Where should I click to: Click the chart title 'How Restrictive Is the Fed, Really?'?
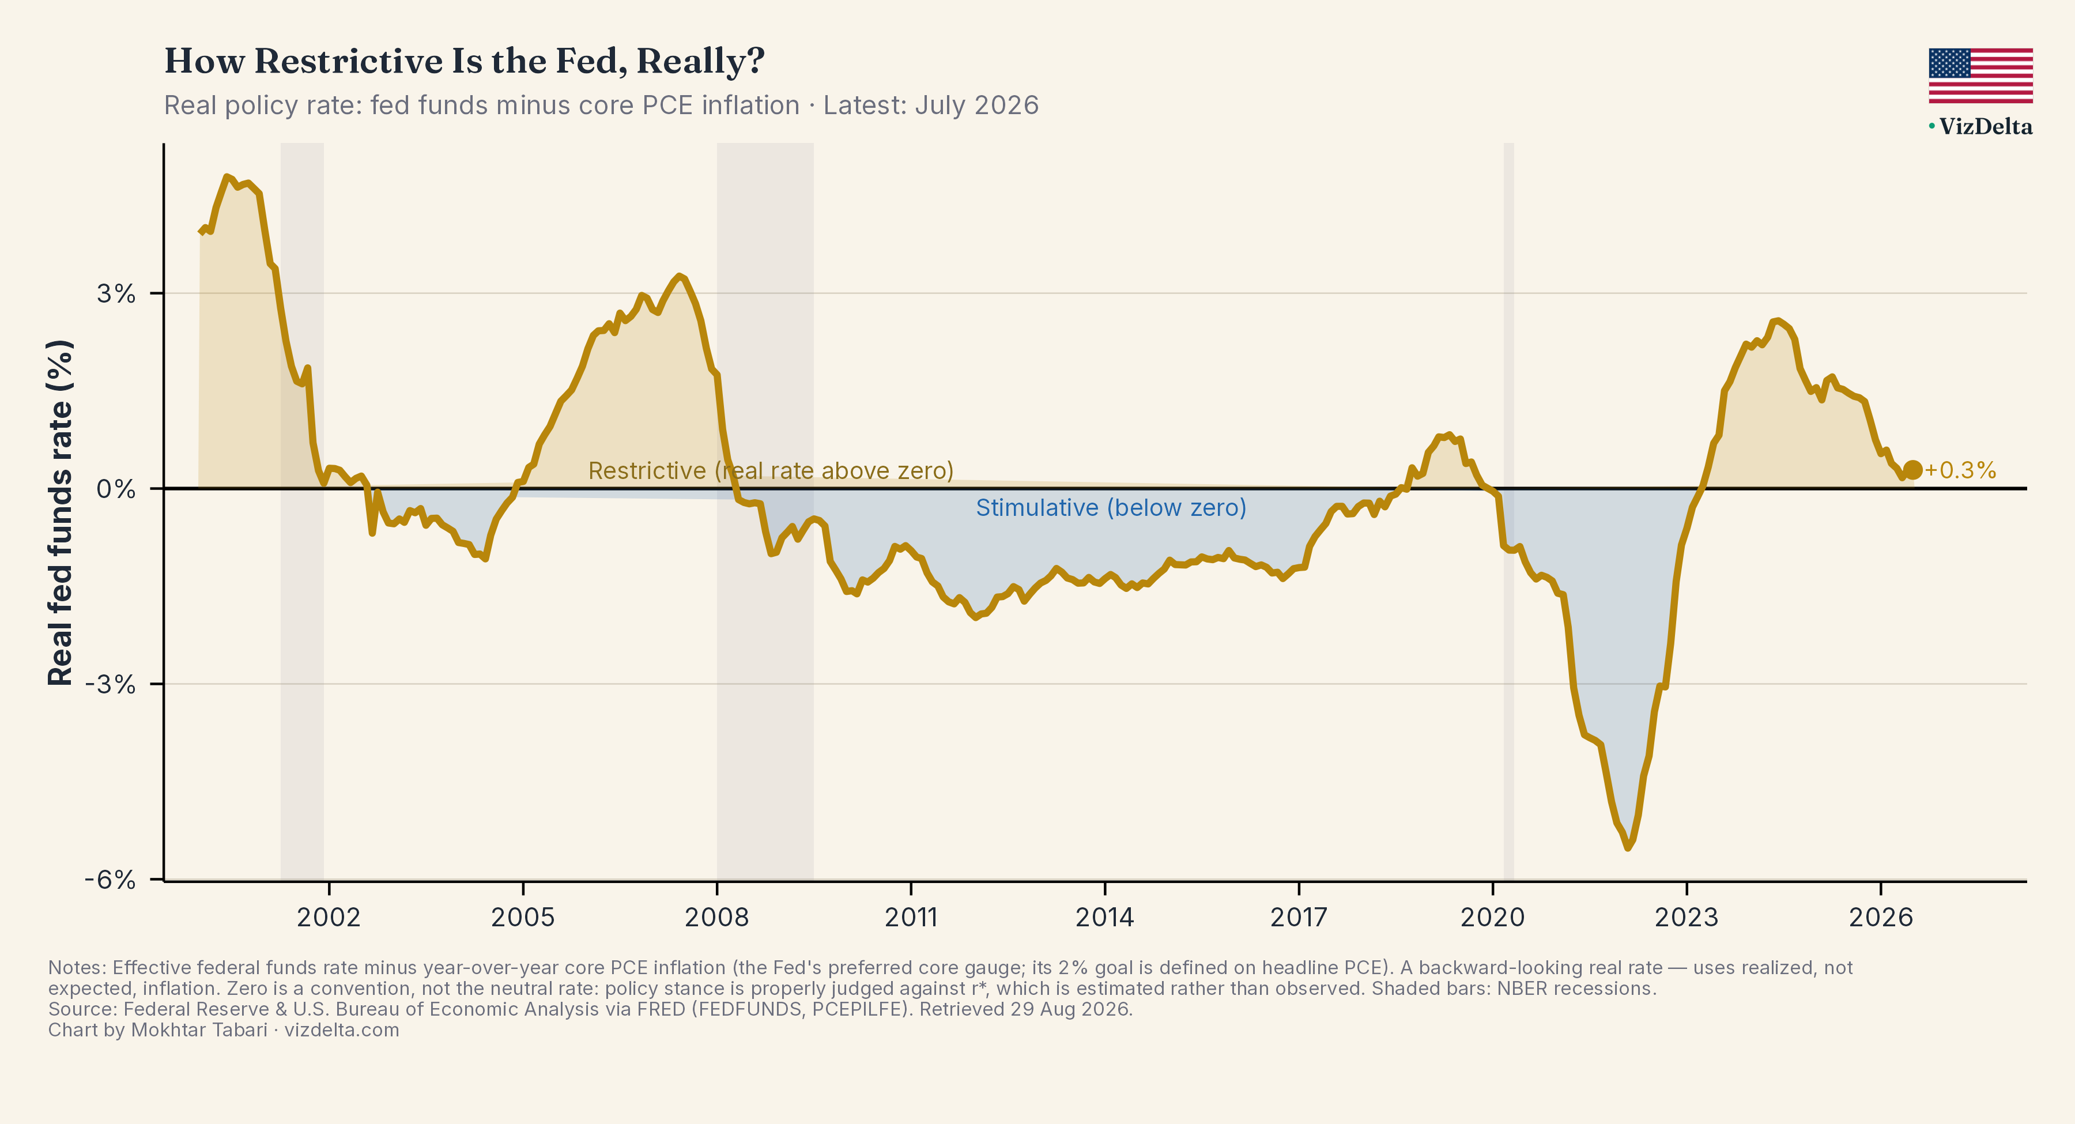[x=464, y=61]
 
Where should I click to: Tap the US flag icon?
[x=1980, y=76]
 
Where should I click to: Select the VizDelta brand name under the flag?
[x=1985, y=126]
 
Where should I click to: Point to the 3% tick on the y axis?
[x=116, y=293]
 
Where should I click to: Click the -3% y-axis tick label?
[x=110, y=684]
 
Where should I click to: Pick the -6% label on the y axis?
[x=110, y=879]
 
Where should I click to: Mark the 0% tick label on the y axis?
[x=116, y=489]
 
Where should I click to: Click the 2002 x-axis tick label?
[x=329, y=917]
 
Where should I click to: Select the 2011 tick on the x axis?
[x=911, y=917]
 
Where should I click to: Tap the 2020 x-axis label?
[x=1493, y=917]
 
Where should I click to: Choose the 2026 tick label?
[x=1881, y=917]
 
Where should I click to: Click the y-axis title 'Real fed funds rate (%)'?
[x=61, y=512]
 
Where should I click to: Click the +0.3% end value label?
[x=1961, y=470]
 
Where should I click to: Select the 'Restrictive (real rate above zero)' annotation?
[x=771, y=470]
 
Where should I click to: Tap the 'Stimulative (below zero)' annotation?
[x=1111, y=508]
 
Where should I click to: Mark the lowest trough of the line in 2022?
[x=1628, y=847]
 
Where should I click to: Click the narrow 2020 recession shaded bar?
[x=1509, y=512]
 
